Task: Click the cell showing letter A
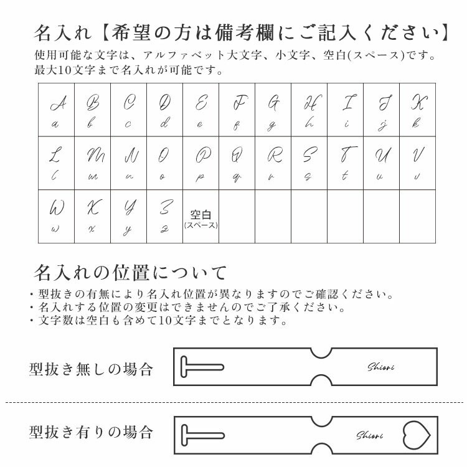(x=56, y=111)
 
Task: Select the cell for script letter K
(x=417, y=111)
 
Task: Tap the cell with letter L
(x=56, y=163)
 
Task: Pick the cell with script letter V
(x=417, y=163)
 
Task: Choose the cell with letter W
(x=56, y=216)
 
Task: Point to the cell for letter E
(x=200, y=111)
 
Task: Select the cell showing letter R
(x=273, y=163)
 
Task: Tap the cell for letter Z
(x=164, y=216)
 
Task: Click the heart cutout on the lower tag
(x=417, y=433)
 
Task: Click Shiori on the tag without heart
(x=380, y=367)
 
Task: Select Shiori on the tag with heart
(x=369, y=435)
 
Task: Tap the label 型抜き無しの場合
(x=91, y=369)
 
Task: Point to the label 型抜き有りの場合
(x=91, y=431)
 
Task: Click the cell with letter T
(x=345, y=163)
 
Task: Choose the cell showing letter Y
(x=128, y=216)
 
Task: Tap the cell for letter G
(x=273, y=111)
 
